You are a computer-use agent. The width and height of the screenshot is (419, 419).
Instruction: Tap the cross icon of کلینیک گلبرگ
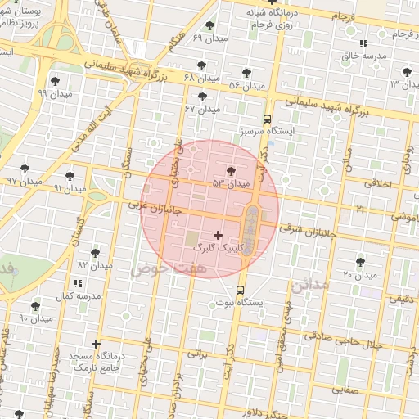pos(218,235)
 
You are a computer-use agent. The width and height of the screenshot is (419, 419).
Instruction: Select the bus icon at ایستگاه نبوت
pos(241,290)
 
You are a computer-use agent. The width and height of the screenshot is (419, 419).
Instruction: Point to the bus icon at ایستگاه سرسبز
pos(268,119)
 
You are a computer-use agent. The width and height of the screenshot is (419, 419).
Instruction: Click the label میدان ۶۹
pos(209,38)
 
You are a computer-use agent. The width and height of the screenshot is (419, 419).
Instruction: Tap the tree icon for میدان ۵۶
pos(246,73)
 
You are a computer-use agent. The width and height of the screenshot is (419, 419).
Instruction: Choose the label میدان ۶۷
pos(201,109)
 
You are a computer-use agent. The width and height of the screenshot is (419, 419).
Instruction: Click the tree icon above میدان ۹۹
pos(55,80)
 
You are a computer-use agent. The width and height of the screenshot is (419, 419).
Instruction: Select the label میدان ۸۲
pos(93,266)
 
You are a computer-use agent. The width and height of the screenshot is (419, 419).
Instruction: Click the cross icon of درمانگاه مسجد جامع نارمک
pos(97,344)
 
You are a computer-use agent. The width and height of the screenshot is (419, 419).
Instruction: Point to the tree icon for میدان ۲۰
pos(360,262)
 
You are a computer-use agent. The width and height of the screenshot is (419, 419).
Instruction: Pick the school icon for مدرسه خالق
pos(363,43)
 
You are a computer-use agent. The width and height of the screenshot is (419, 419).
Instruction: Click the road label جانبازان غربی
pos(151,206)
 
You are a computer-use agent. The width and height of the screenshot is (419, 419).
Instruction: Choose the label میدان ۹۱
pos(70,188)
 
